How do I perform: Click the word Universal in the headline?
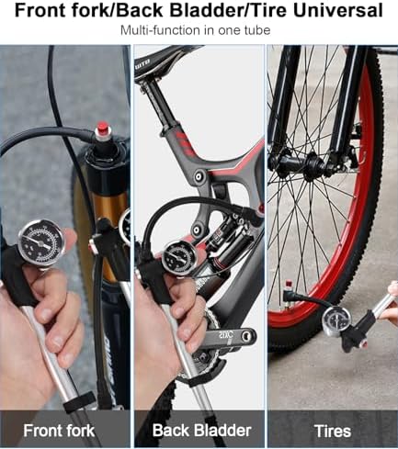[x=338, y=10]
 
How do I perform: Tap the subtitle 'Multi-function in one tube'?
[x=195, y=30]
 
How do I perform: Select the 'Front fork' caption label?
[x=59, y=431]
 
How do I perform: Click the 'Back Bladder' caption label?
[x=201, y=431]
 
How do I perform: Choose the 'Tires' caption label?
[x=333, y=432]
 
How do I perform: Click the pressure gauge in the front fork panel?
[x=41, y=243]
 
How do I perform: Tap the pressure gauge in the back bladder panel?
[x=176, y=257]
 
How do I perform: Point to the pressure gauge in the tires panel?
[x=336, y=321]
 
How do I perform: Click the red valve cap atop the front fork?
[x=101, y=129]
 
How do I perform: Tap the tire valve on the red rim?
[x=289, y=291]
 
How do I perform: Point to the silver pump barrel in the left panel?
[x=52, y=358]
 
